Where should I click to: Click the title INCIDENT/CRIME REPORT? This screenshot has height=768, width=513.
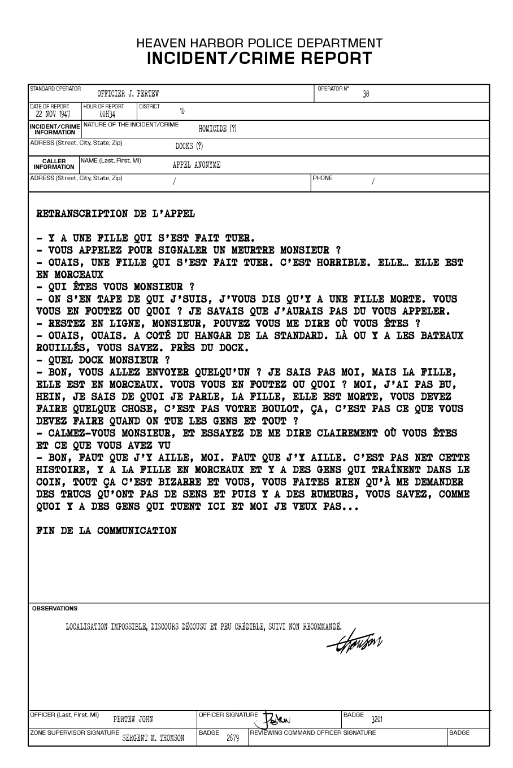point(259,58)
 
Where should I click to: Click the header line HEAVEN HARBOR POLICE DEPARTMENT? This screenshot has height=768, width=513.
point(259,43)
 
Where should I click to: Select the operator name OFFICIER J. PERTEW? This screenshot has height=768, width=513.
point(128,94)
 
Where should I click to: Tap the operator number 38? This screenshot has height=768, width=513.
point(366,94)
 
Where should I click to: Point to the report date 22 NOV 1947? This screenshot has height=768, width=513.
point(53,114)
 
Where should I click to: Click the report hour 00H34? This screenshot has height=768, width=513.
point(107,114)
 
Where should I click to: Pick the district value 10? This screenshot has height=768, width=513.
point(182,111)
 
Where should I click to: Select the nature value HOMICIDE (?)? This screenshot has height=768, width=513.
point(218,129)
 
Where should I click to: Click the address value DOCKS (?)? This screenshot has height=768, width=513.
point(189,146)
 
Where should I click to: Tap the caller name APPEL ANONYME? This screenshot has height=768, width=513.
point(197,165)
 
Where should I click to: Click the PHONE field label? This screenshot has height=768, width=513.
point(323,178)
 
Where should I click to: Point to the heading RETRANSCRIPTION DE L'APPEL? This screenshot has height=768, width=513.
point(115,214)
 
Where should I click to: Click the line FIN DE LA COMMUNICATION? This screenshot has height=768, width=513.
point(106,531)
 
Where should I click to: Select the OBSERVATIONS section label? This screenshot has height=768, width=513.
point(55,609)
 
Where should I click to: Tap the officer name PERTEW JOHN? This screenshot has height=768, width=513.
point(133,719)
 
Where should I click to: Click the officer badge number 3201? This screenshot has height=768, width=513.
point(377,719)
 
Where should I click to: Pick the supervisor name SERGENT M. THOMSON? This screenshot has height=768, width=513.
point(153,738)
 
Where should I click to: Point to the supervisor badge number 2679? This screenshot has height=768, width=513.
point(233,738)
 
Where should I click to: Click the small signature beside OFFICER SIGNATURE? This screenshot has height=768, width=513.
point(277,719)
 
